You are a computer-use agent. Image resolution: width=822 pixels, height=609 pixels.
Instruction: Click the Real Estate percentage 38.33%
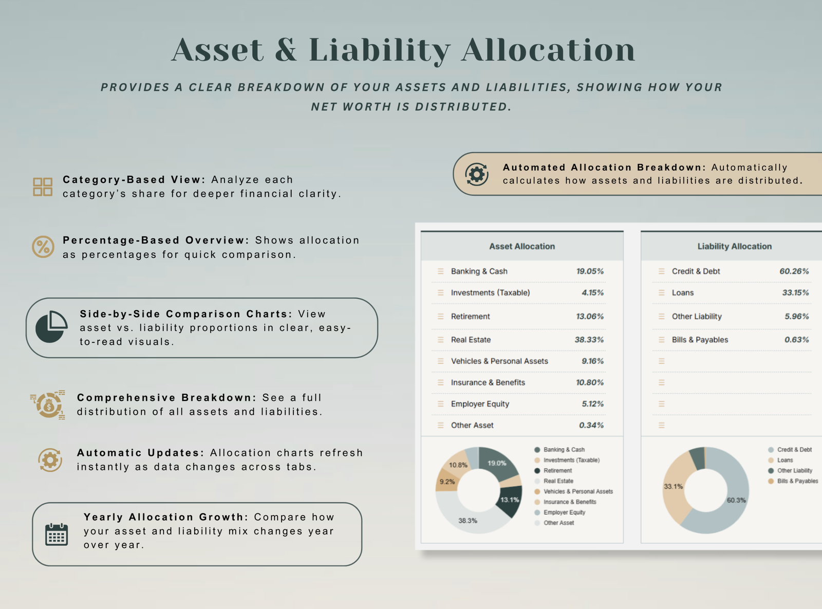coord(589,340)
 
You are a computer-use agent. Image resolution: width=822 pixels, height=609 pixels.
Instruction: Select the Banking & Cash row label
coord(479,271)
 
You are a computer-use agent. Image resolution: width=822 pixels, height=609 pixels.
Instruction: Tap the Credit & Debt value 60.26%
coord(794,271)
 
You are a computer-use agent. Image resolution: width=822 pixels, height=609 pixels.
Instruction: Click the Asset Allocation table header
coord(522,246)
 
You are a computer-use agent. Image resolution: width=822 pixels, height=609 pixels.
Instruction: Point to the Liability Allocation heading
coord(735,246)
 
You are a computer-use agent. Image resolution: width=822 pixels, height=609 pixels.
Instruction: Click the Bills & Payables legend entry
coord(793,481)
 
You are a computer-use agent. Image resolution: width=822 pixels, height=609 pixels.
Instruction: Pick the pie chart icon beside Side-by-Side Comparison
coord(51,327)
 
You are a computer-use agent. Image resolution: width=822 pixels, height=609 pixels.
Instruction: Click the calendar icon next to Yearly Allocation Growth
coord(57,534)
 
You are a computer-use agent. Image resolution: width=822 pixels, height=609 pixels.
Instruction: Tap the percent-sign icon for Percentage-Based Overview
coord(43,247)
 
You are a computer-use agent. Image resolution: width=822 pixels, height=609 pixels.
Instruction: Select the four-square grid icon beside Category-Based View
coord(43,187)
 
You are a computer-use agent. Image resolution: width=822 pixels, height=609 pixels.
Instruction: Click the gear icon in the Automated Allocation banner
coord(477,174)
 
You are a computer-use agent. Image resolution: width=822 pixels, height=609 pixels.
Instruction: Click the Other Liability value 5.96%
coord(796,317)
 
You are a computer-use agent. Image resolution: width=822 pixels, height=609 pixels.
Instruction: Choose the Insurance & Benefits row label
coord(488,382)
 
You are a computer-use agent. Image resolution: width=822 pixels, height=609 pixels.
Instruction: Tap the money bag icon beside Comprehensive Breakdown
coord(48,404)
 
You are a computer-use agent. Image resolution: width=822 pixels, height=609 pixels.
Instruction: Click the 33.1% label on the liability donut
coord(673,486)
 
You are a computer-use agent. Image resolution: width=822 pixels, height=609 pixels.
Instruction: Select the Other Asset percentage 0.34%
coord(591,426)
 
